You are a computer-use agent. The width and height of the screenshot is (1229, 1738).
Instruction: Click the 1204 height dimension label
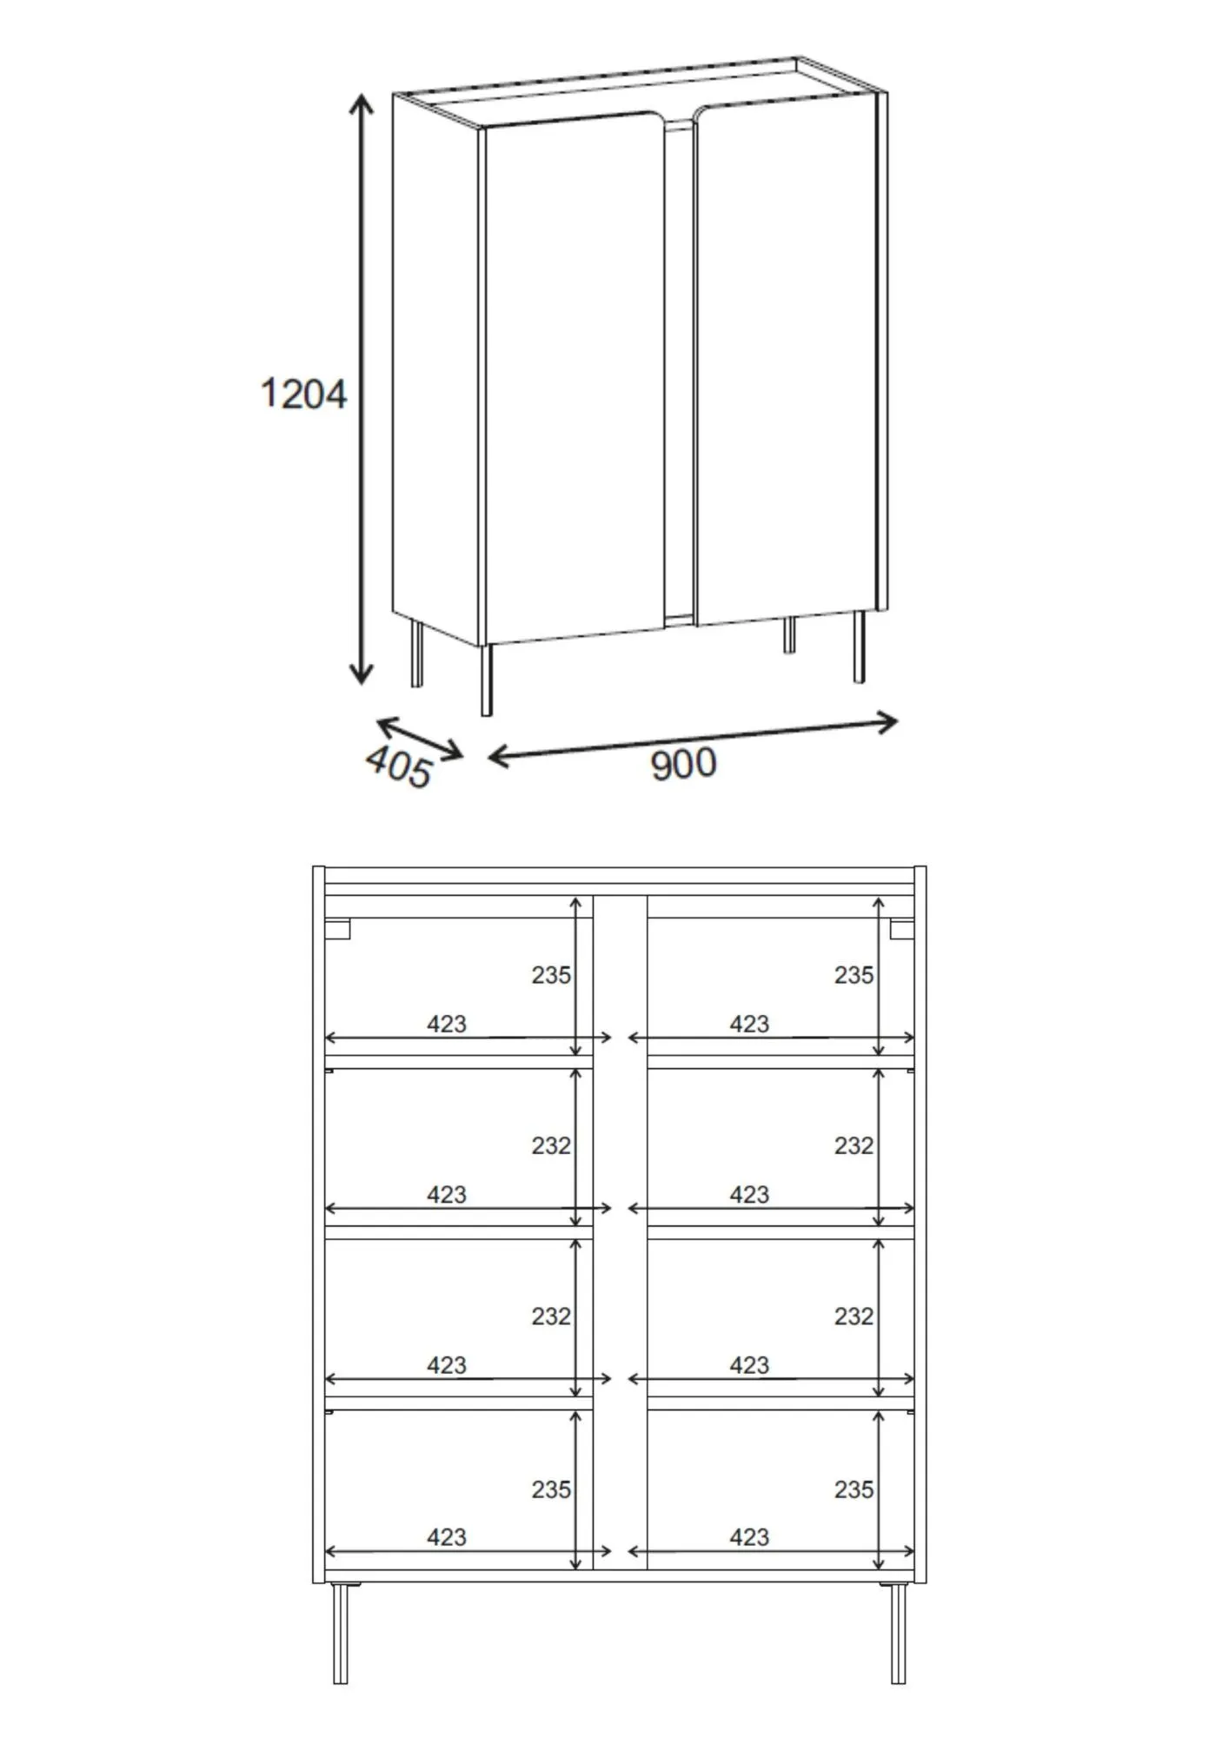(x=303, y=394)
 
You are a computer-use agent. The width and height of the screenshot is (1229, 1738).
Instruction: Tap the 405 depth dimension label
(x=399, y=766)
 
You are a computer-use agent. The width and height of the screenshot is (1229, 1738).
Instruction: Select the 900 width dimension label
(x=683, y=764)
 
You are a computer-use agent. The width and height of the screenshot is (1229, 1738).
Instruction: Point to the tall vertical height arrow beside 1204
(x=361, y=388)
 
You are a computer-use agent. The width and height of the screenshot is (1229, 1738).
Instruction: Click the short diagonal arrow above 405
(x=419, y=738)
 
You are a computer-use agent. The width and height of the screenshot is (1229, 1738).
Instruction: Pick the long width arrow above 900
(x=693, y=740)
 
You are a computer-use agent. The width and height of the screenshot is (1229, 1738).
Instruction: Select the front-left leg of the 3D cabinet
(x=487, y=680)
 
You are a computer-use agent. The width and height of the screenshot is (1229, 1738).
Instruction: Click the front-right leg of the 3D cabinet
(x=859, y=647)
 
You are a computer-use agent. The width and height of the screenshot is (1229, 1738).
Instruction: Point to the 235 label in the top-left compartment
(x=551, y=975)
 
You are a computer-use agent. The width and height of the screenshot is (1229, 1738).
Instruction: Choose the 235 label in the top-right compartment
(x=854, y=975)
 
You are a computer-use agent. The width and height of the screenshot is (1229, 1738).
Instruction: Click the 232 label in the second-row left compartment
(x=551, y=1145)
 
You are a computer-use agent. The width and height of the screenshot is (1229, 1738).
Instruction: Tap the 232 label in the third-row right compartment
(x=854, y=1316)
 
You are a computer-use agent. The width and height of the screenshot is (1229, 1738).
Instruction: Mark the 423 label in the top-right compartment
(x=749, y=1024)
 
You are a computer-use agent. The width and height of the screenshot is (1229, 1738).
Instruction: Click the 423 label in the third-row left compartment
(x=447, y=1365)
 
